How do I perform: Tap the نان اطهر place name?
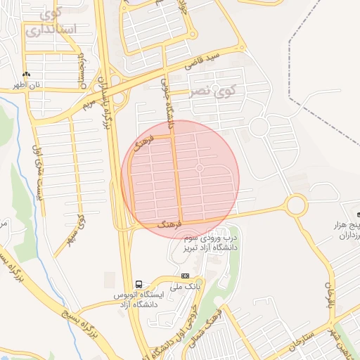pyautogui.click(x=28, y=85)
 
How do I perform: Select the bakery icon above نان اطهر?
pyautogui.click(x=27, y=74)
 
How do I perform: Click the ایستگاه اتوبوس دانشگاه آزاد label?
pyautogui.click(x=143, y=297)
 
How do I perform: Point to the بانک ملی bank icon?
pyautogui.click(x=185, y=276)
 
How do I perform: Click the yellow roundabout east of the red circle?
pyautogui.click(x=295, y=205)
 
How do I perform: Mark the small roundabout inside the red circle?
pyautogui.click(x=200, y=168)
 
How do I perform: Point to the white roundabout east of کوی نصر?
pyautogui.click(x=259, y=127)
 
